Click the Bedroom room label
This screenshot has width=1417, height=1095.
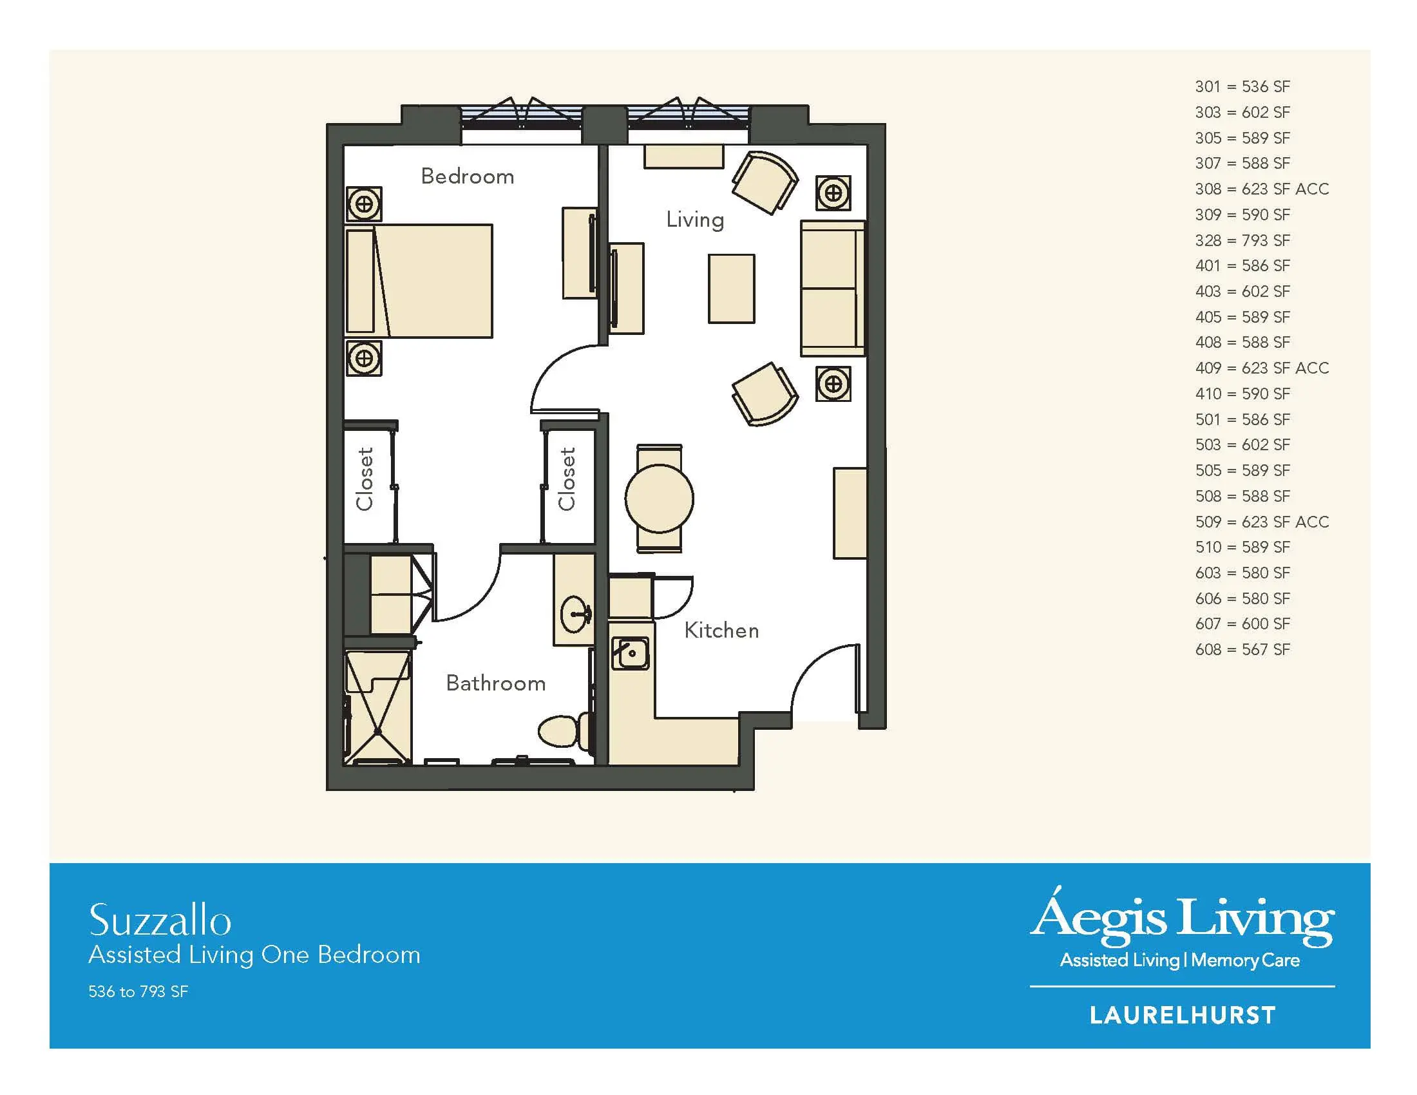(467, 176)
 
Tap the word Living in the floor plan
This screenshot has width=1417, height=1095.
(695, 220)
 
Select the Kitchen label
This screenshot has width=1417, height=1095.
(721, 630)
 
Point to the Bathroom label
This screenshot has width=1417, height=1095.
(496, 683)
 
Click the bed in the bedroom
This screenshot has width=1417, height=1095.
(419, 281)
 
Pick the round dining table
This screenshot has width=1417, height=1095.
(659, 499)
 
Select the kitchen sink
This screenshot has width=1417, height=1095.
(630, 652)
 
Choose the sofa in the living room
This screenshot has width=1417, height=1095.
(833, 289)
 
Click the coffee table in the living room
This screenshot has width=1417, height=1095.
(731, 289)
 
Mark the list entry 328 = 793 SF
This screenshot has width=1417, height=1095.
(1242, 240)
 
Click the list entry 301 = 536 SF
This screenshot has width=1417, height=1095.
(1242, 86)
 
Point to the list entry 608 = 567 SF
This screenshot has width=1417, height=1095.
(1242, 649)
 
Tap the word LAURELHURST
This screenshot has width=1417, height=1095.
(1182, 1015)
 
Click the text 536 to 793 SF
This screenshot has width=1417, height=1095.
(138, 991)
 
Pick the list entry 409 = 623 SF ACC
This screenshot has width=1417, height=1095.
(1262, 368)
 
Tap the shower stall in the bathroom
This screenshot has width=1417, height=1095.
(377, 707)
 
